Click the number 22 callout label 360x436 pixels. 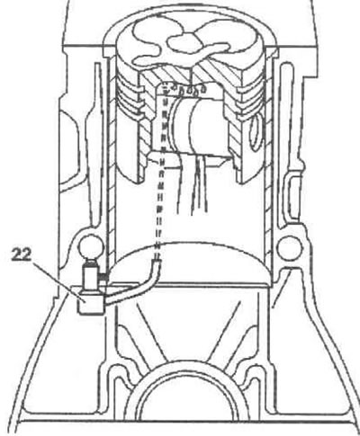22,254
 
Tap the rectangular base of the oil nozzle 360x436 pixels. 91,302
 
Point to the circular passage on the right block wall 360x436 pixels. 290,247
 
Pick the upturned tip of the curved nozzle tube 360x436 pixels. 157,263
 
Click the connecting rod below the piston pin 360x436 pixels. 192,183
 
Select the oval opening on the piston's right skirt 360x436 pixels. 257,133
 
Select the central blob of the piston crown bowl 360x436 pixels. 183,42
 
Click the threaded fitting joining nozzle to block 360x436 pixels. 104,278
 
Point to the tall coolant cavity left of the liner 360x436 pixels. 97,144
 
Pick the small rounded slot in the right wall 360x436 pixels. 292,196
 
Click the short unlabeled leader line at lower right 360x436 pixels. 280,290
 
